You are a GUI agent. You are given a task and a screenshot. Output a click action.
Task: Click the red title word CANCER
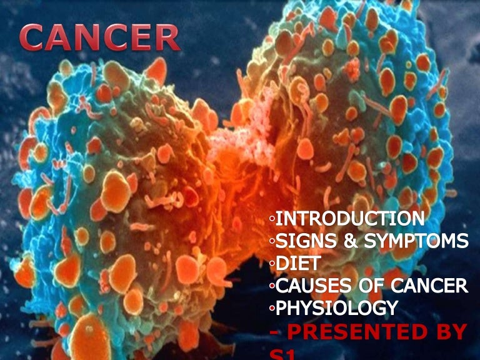click(100, 38)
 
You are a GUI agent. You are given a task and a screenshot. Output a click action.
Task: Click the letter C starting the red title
click(33, 39)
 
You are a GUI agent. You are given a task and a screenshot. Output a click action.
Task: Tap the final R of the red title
click(166, 39)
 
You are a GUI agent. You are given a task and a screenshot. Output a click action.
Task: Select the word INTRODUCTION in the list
click(349, 219)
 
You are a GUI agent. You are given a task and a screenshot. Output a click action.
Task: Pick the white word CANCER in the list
click(427, 286)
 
